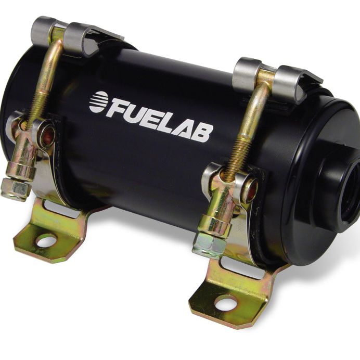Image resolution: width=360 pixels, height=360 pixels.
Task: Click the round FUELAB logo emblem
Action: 98,101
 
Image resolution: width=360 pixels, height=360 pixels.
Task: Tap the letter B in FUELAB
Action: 203,132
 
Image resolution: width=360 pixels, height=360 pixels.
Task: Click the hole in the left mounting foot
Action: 46,240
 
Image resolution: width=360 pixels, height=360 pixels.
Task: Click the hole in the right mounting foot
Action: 225,302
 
